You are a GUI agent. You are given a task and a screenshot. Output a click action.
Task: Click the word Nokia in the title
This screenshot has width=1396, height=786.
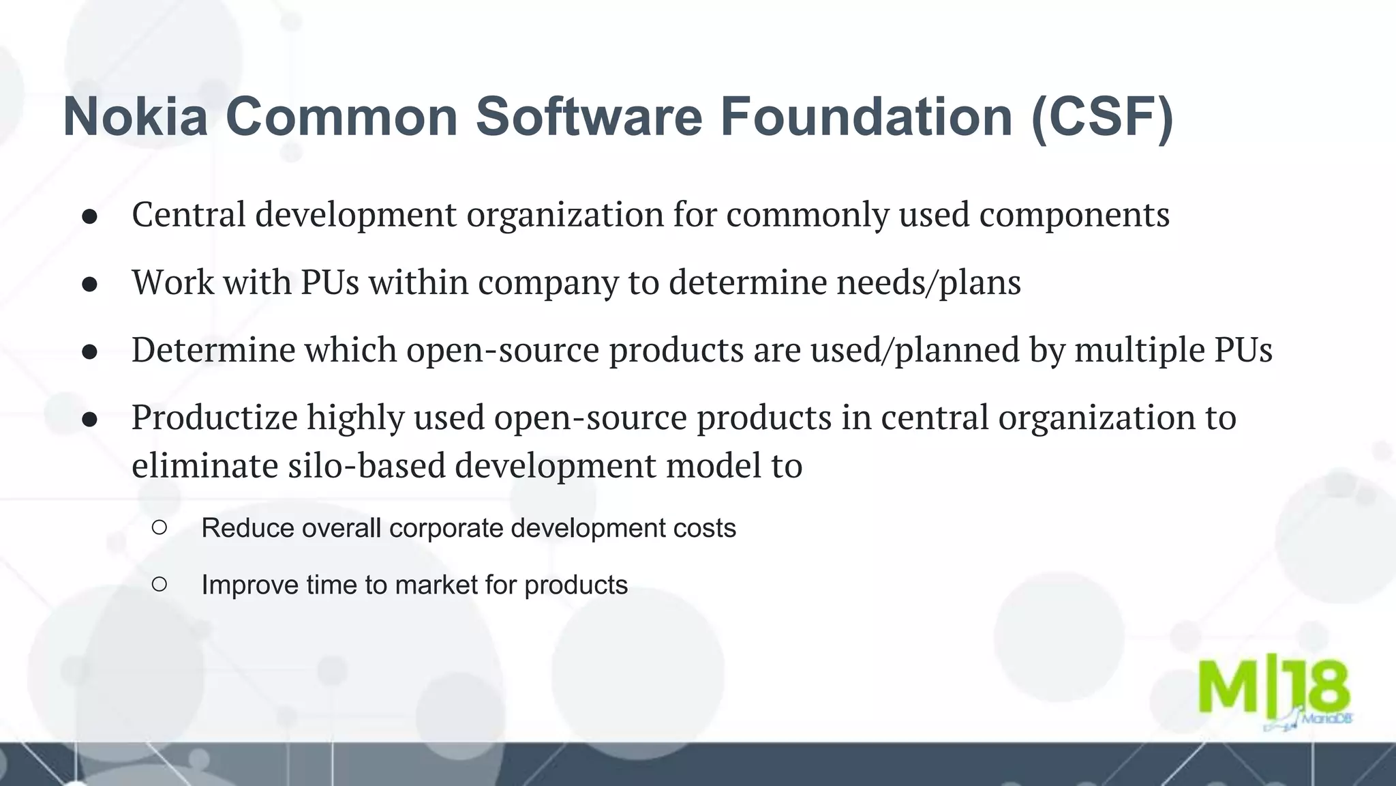click(135, 117)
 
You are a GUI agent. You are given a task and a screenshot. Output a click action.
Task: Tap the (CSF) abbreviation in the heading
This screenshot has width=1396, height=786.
click(1102, 117)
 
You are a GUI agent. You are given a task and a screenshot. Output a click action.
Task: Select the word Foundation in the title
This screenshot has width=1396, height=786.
click(866, 117)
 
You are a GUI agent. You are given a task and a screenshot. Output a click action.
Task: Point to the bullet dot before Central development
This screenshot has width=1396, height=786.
click(90, 217)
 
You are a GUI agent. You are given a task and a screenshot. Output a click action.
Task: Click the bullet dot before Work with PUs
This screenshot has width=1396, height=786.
click(90, 285)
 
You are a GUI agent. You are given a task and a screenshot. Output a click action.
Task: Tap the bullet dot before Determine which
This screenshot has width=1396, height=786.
click(90, 352)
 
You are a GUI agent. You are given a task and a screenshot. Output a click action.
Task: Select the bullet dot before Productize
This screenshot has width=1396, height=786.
click(90, 420)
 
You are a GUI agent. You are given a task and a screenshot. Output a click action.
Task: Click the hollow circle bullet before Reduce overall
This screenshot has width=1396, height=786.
click(160, 527)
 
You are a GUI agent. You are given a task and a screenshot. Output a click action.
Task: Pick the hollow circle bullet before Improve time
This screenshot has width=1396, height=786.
click(160, 584)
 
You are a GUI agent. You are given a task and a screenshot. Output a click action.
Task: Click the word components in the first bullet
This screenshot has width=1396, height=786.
click(1074, 216)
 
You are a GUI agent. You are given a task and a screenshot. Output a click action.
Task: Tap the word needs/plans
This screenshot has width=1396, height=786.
click(928, 283)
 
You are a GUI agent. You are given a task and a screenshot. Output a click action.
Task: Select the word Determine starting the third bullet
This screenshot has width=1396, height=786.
click(213, 351)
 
